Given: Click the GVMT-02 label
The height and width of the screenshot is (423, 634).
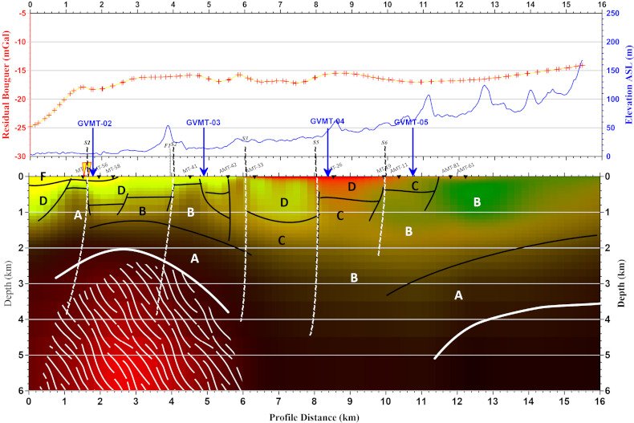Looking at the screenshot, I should tap(95, 124).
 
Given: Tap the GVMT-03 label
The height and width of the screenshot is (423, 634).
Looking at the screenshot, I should tap(203, 123).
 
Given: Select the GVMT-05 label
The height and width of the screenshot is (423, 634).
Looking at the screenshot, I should tap(411, 123).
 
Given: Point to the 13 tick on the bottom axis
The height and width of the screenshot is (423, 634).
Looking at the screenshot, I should tap(493, 399).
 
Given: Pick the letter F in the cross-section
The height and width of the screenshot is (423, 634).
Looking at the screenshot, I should tap(43, 177).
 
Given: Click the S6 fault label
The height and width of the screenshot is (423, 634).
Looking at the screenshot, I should tap(384, 142).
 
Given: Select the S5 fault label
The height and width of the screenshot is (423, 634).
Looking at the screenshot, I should tap(315, 142).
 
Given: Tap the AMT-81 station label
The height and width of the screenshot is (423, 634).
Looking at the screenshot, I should tap(450, 167).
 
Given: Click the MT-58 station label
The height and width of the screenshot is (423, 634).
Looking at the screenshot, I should tap(112, 169).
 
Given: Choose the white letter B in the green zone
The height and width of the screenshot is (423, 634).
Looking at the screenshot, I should tap(477, 203).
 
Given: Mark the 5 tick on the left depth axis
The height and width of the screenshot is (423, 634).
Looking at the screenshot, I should tap(23, 355).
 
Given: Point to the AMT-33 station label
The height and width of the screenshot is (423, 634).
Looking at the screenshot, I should tap(254, 167).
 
